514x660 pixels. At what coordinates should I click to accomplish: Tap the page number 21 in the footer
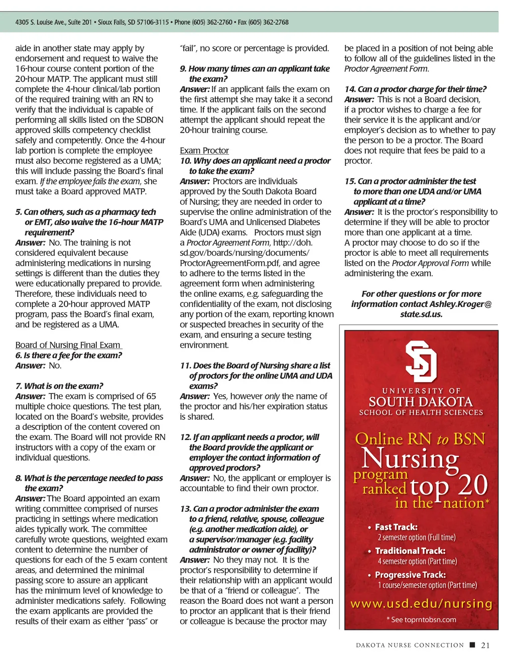[485, 645]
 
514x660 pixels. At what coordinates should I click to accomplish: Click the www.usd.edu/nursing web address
[421, 603]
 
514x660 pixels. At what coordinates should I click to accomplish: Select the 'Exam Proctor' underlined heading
[204, 151]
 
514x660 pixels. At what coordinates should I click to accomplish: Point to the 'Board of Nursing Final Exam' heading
[68, 345]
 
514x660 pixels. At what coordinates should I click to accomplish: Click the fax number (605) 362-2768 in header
[269, 22]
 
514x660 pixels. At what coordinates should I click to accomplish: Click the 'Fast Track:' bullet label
[396, 527]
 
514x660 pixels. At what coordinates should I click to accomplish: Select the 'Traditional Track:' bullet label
[410, 551]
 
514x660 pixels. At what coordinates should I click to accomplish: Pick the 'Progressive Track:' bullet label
[410, 575]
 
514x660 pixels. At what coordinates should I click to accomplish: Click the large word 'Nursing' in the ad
[410, 458]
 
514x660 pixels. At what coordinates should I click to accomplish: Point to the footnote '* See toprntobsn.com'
[421, 619]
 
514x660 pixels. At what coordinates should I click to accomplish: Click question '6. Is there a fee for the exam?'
[69, 355]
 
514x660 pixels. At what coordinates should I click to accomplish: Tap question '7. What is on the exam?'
[59, 386]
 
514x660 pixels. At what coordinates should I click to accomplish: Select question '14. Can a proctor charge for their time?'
[416, 89]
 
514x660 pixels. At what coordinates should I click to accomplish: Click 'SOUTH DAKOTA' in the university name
[421, 402]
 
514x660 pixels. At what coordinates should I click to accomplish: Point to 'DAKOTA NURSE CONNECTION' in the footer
[410, 645]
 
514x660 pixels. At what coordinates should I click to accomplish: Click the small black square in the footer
[472, 645]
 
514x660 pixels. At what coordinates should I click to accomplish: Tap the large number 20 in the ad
[473, 485]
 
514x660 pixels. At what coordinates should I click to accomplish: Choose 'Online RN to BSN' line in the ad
[420, 439]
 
